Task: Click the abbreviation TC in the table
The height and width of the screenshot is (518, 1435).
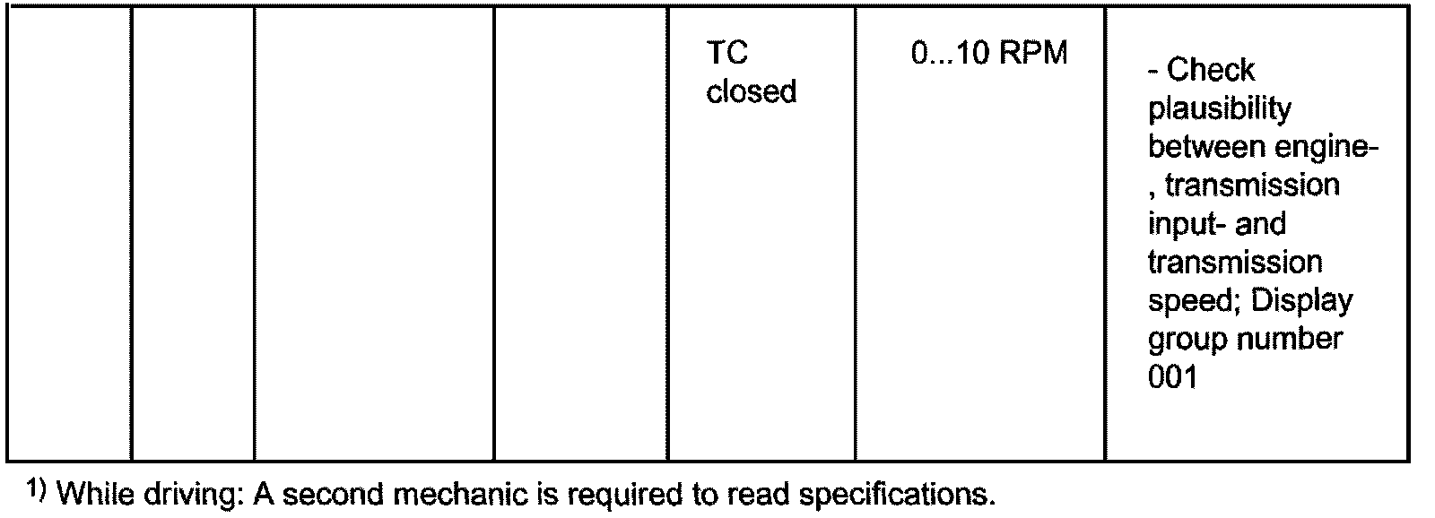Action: click(726, 54)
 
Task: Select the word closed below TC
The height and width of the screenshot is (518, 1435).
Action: click(751, 91)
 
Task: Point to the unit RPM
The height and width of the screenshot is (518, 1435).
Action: click(1032, 54)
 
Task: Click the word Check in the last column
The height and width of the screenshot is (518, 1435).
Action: click(1211, 70)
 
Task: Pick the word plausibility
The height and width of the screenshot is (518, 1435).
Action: click(1220, 108)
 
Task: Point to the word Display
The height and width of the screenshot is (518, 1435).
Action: click(1301, 301)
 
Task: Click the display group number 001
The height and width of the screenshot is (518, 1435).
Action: click(1172, 377)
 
